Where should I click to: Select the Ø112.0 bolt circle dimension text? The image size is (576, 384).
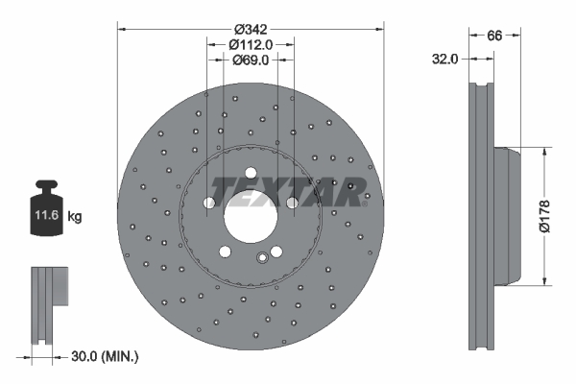click(251, 44)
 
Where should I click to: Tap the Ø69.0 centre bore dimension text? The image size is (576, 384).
click(250, 60)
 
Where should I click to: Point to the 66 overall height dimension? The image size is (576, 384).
click(495, 36)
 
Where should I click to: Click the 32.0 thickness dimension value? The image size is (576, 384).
click(444, 59)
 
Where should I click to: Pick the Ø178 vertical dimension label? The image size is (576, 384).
click(543, 216)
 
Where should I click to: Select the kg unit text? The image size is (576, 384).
click(76, 218)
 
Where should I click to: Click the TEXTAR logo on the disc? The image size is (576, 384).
click(289, 190)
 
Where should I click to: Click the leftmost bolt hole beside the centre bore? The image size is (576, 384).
click(208, 203)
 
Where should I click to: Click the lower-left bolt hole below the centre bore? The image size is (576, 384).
click(225, 252)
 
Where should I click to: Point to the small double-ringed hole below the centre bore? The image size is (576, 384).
click(263, 256)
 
